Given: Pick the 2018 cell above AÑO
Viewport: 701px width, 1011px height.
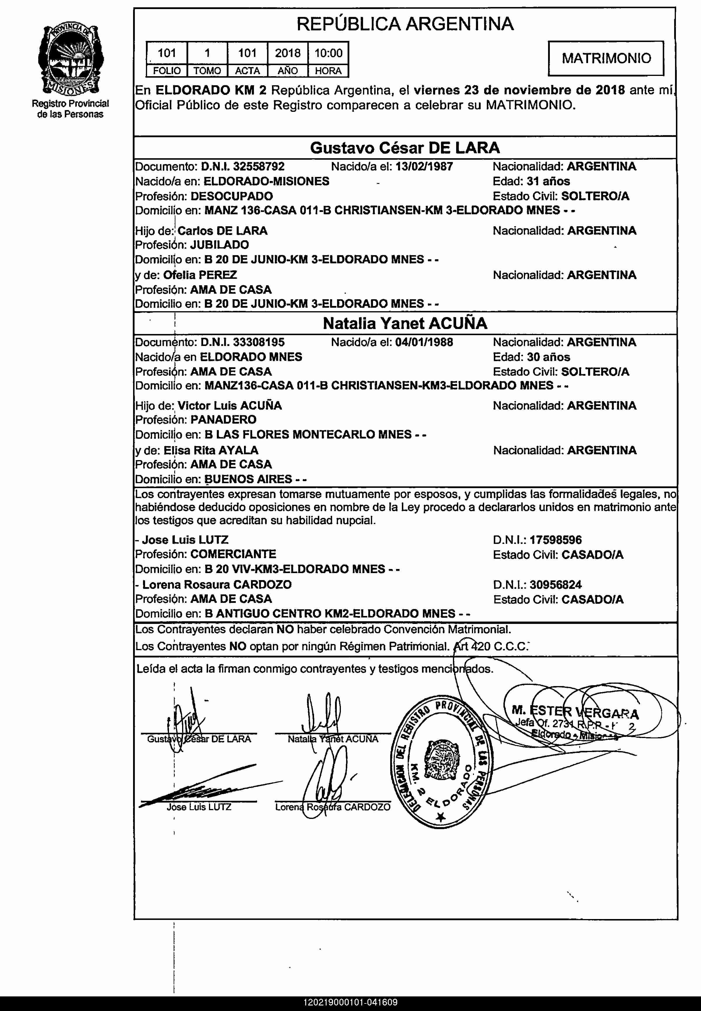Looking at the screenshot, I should [288, 53].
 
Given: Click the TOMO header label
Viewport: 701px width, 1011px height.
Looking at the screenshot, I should [207, 71].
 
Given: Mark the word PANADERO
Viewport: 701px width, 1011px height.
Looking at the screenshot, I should [223, 420].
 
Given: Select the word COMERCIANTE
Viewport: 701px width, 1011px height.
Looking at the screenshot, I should [233, 554].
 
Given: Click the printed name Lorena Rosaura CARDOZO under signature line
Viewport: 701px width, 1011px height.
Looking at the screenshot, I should [332, 807].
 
